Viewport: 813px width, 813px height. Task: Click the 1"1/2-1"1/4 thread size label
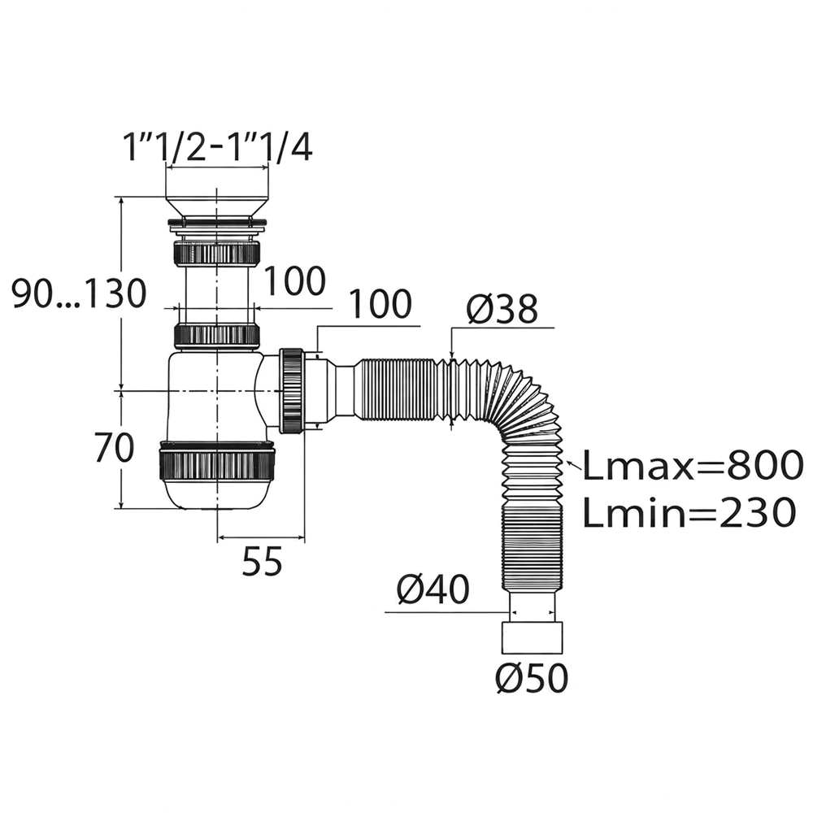point(217,147)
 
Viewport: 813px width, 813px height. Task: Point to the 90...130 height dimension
point(80,293)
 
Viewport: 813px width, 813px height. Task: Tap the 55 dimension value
point(263,561)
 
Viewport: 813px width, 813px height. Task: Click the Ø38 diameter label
point(502,310)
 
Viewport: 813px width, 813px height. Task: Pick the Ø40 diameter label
point(433,589)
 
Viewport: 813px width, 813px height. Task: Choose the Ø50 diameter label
point(532,678)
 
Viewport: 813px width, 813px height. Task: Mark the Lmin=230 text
point(689,511)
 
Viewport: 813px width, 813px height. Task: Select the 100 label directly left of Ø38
point(380,304)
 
